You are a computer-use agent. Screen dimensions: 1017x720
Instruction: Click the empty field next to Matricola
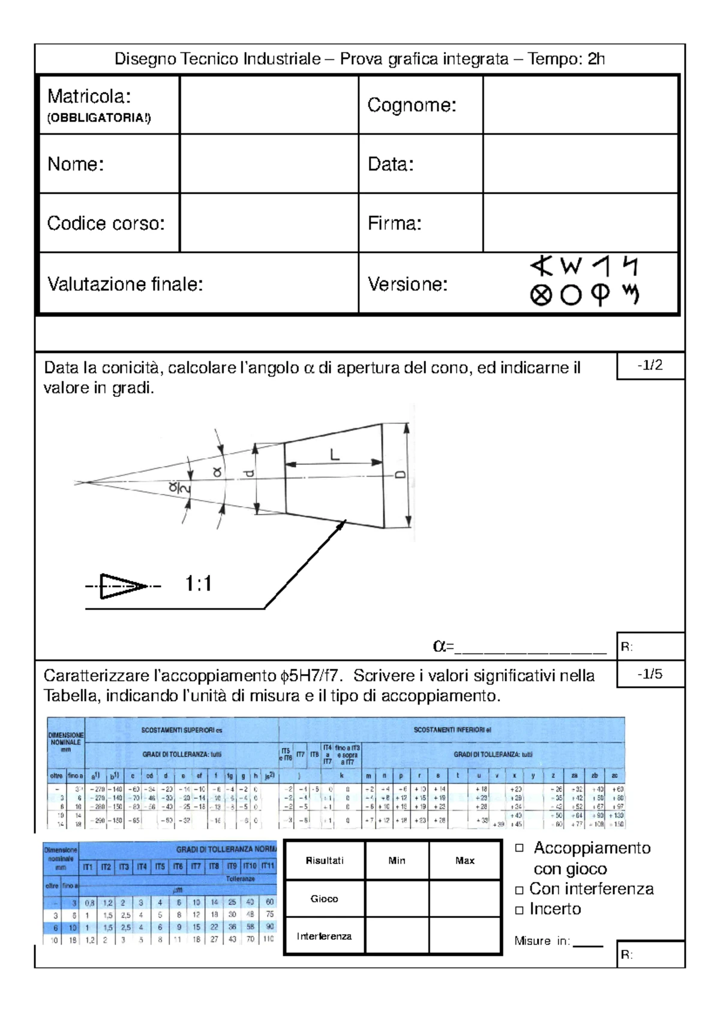[x=269, y=104]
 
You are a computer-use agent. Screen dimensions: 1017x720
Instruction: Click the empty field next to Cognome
[x=580, y=104]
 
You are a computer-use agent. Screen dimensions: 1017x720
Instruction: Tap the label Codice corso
[x=106, y=223]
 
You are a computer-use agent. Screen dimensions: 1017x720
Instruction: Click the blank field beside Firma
[x=580, y=222]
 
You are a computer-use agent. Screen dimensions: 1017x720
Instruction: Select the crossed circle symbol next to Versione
[x=541, y=295]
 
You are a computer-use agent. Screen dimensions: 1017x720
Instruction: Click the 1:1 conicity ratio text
[x=198, y=583]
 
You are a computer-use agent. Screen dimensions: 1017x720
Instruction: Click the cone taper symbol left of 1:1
[x=123, y=586]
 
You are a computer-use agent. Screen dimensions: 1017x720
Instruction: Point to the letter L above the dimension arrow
[x=335, y=455]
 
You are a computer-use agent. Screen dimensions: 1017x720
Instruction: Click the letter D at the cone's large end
[x=400, y=474]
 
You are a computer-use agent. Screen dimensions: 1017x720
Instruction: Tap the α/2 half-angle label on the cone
[x=179, y=489]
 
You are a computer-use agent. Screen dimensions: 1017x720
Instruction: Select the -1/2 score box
[x=650, y=366]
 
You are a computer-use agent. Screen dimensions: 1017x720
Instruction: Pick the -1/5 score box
[x=650, y=674]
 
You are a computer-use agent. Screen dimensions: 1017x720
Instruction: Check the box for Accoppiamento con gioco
[x=520, y=848]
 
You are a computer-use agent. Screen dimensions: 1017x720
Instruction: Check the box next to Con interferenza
[x=520, y=890]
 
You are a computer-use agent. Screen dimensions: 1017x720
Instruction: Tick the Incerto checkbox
[x=520, y=910]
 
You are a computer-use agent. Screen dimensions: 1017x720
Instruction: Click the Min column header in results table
[x=397, y=860]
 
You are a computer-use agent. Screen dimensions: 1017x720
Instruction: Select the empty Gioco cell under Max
[x=465, y=898]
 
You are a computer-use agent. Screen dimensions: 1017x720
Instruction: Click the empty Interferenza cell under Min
[x=397, y=935]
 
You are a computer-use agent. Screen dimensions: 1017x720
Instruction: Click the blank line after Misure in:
[x=588, y=943]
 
